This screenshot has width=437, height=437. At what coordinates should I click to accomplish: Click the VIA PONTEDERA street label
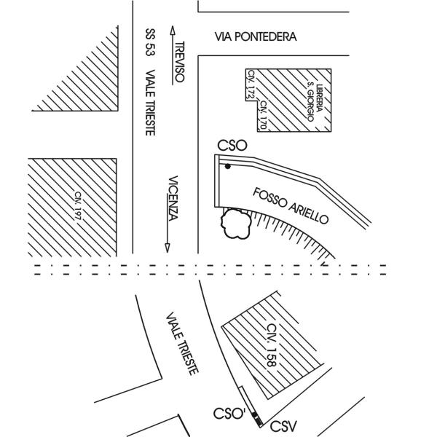(x=256, y=37)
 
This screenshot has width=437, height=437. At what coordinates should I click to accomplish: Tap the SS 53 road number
(x=151, y=42)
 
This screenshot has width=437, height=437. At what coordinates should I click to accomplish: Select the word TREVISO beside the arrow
(x=180, y=62)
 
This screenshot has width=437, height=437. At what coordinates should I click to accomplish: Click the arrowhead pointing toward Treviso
(x=173, y=31)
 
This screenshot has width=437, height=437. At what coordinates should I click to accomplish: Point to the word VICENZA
(x=173, y=198)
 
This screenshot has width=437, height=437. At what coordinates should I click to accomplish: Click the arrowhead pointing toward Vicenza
(x=168, y=248)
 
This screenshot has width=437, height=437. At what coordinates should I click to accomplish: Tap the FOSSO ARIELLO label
(x=291, y=205)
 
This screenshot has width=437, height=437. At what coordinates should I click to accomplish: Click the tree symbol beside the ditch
(x=236, y=224)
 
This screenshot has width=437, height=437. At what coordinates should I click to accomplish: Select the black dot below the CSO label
(x=228, y=166)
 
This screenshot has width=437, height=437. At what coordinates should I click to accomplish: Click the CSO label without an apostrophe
(x=232, y=146)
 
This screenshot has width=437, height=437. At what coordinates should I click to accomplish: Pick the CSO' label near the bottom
(x=229, y=414)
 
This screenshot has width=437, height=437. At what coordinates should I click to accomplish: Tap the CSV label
(x=283, y=426)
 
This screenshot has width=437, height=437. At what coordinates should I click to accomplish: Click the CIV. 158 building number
(x=272, y=345)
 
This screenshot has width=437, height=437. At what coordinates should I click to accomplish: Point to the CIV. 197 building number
(x=78, y=206)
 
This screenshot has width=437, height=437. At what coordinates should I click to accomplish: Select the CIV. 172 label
(x=251, y=84)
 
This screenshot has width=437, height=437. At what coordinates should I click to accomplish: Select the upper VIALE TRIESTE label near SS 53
(x=151, y=103)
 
